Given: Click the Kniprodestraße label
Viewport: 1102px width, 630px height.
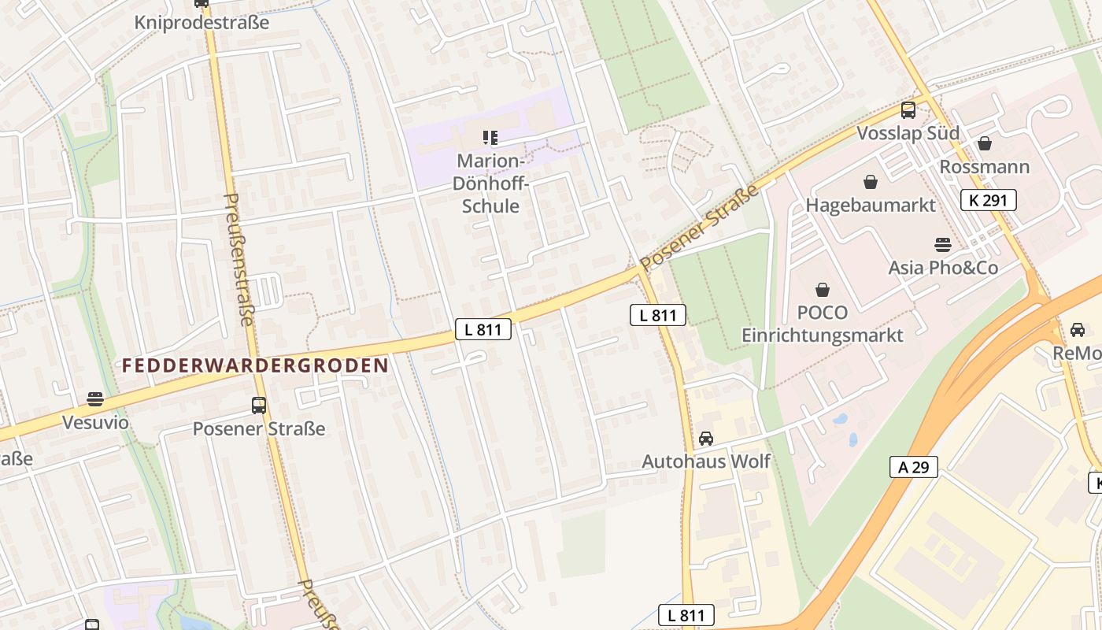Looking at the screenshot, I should coord(202,22).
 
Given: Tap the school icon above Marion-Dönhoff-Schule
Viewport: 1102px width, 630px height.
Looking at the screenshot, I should coord(490,139).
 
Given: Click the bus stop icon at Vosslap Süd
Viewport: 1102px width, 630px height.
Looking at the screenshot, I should coord(908,110).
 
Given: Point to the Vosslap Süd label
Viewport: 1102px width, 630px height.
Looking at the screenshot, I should coord(908,132).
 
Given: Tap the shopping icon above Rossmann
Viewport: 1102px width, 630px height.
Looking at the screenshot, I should coord(984,143).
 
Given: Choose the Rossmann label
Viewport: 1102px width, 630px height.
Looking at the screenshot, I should coord(984,166).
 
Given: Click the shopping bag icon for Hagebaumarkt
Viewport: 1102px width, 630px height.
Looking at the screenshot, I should coord(871,183).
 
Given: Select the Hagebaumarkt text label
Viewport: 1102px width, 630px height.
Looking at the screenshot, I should coord(871,205).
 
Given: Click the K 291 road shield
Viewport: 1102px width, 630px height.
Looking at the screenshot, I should coord(988,200).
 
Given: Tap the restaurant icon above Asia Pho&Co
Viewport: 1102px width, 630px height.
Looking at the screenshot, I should coord(942,245).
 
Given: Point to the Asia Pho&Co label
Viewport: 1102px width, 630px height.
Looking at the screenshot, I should coord(943,268).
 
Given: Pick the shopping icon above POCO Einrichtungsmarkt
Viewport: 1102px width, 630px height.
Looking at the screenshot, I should coord(823,290).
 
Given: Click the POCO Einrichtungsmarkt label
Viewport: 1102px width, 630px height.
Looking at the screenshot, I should coord(823,324).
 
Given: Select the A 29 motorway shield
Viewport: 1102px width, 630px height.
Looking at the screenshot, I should coord(914,467).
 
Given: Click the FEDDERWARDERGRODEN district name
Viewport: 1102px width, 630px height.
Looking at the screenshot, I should coord(256,365).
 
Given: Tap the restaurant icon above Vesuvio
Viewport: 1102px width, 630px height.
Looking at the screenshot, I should coord(95,399).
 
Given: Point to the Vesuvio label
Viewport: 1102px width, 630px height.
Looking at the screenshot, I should coord(95,422).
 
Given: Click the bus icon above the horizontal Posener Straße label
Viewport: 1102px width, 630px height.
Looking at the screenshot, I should coord(259,406).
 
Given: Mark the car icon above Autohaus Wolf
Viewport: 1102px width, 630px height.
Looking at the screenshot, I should coord(706,439).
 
